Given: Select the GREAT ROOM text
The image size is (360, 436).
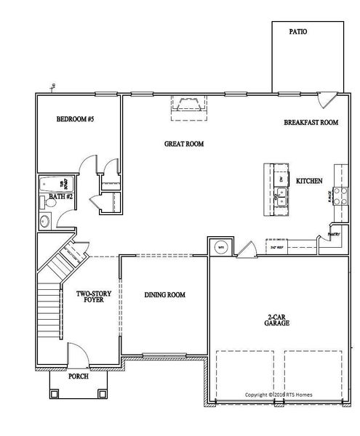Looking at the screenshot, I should [183, 144].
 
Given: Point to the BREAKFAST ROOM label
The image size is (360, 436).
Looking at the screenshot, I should [311, 123].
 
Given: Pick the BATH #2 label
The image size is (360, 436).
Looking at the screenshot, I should [60, 197].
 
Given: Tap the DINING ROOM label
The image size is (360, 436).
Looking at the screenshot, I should [164, 294].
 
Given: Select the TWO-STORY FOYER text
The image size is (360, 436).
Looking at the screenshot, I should [93, 297].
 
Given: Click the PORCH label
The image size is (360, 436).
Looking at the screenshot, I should [78, 377].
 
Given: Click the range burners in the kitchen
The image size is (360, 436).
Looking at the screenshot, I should [337, 195].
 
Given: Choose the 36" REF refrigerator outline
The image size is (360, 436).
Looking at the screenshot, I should [277, 247].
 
